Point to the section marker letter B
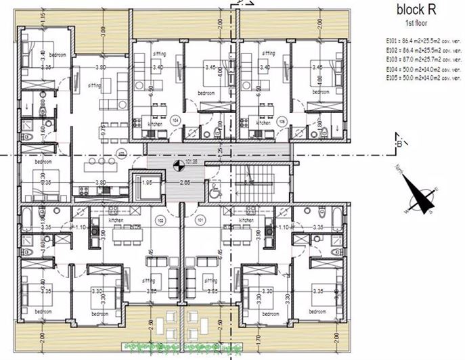401,143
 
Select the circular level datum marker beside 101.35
177,162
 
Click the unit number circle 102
160,220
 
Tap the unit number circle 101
200,220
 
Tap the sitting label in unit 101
211,280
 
